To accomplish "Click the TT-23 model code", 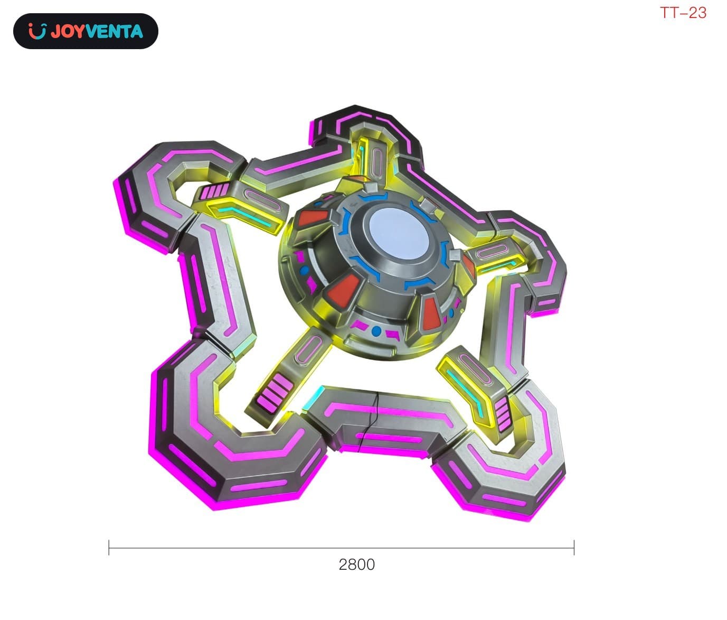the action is click(683, 13).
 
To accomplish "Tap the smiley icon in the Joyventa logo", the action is click(37, 31).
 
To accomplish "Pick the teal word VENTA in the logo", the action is click(115, 31).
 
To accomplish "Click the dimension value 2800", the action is click(357, 565).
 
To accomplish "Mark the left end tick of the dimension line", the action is click(109, 548).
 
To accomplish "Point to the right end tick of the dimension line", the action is click(574, 548).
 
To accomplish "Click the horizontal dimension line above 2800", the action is click(342, 548).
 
